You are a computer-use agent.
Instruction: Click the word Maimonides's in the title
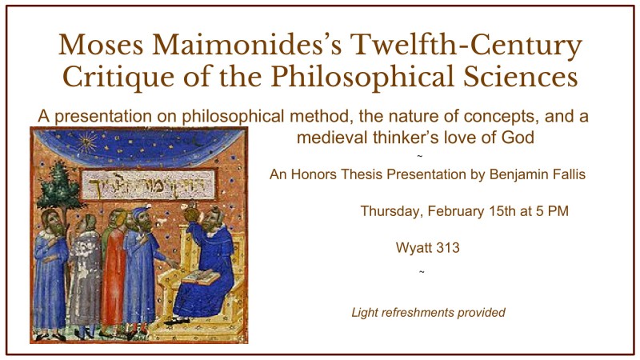(247, 44)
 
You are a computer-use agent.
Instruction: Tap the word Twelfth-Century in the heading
(466, 46)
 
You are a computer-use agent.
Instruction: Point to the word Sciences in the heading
(521, 76)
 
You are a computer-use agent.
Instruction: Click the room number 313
(448, 248)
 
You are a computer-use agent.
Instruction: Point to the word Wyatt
(414, 248)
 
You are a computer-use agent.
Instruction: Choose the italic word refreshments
(414, 313)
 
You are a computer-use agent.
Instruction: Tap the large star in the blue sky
(86, 142)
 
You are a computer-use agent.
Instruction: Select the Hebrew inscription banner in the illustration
(149, 185)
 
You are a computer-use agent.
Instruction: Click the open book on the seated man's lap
(202, 278)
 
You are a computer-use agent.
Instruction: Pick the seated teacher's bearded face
(211, 221)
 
